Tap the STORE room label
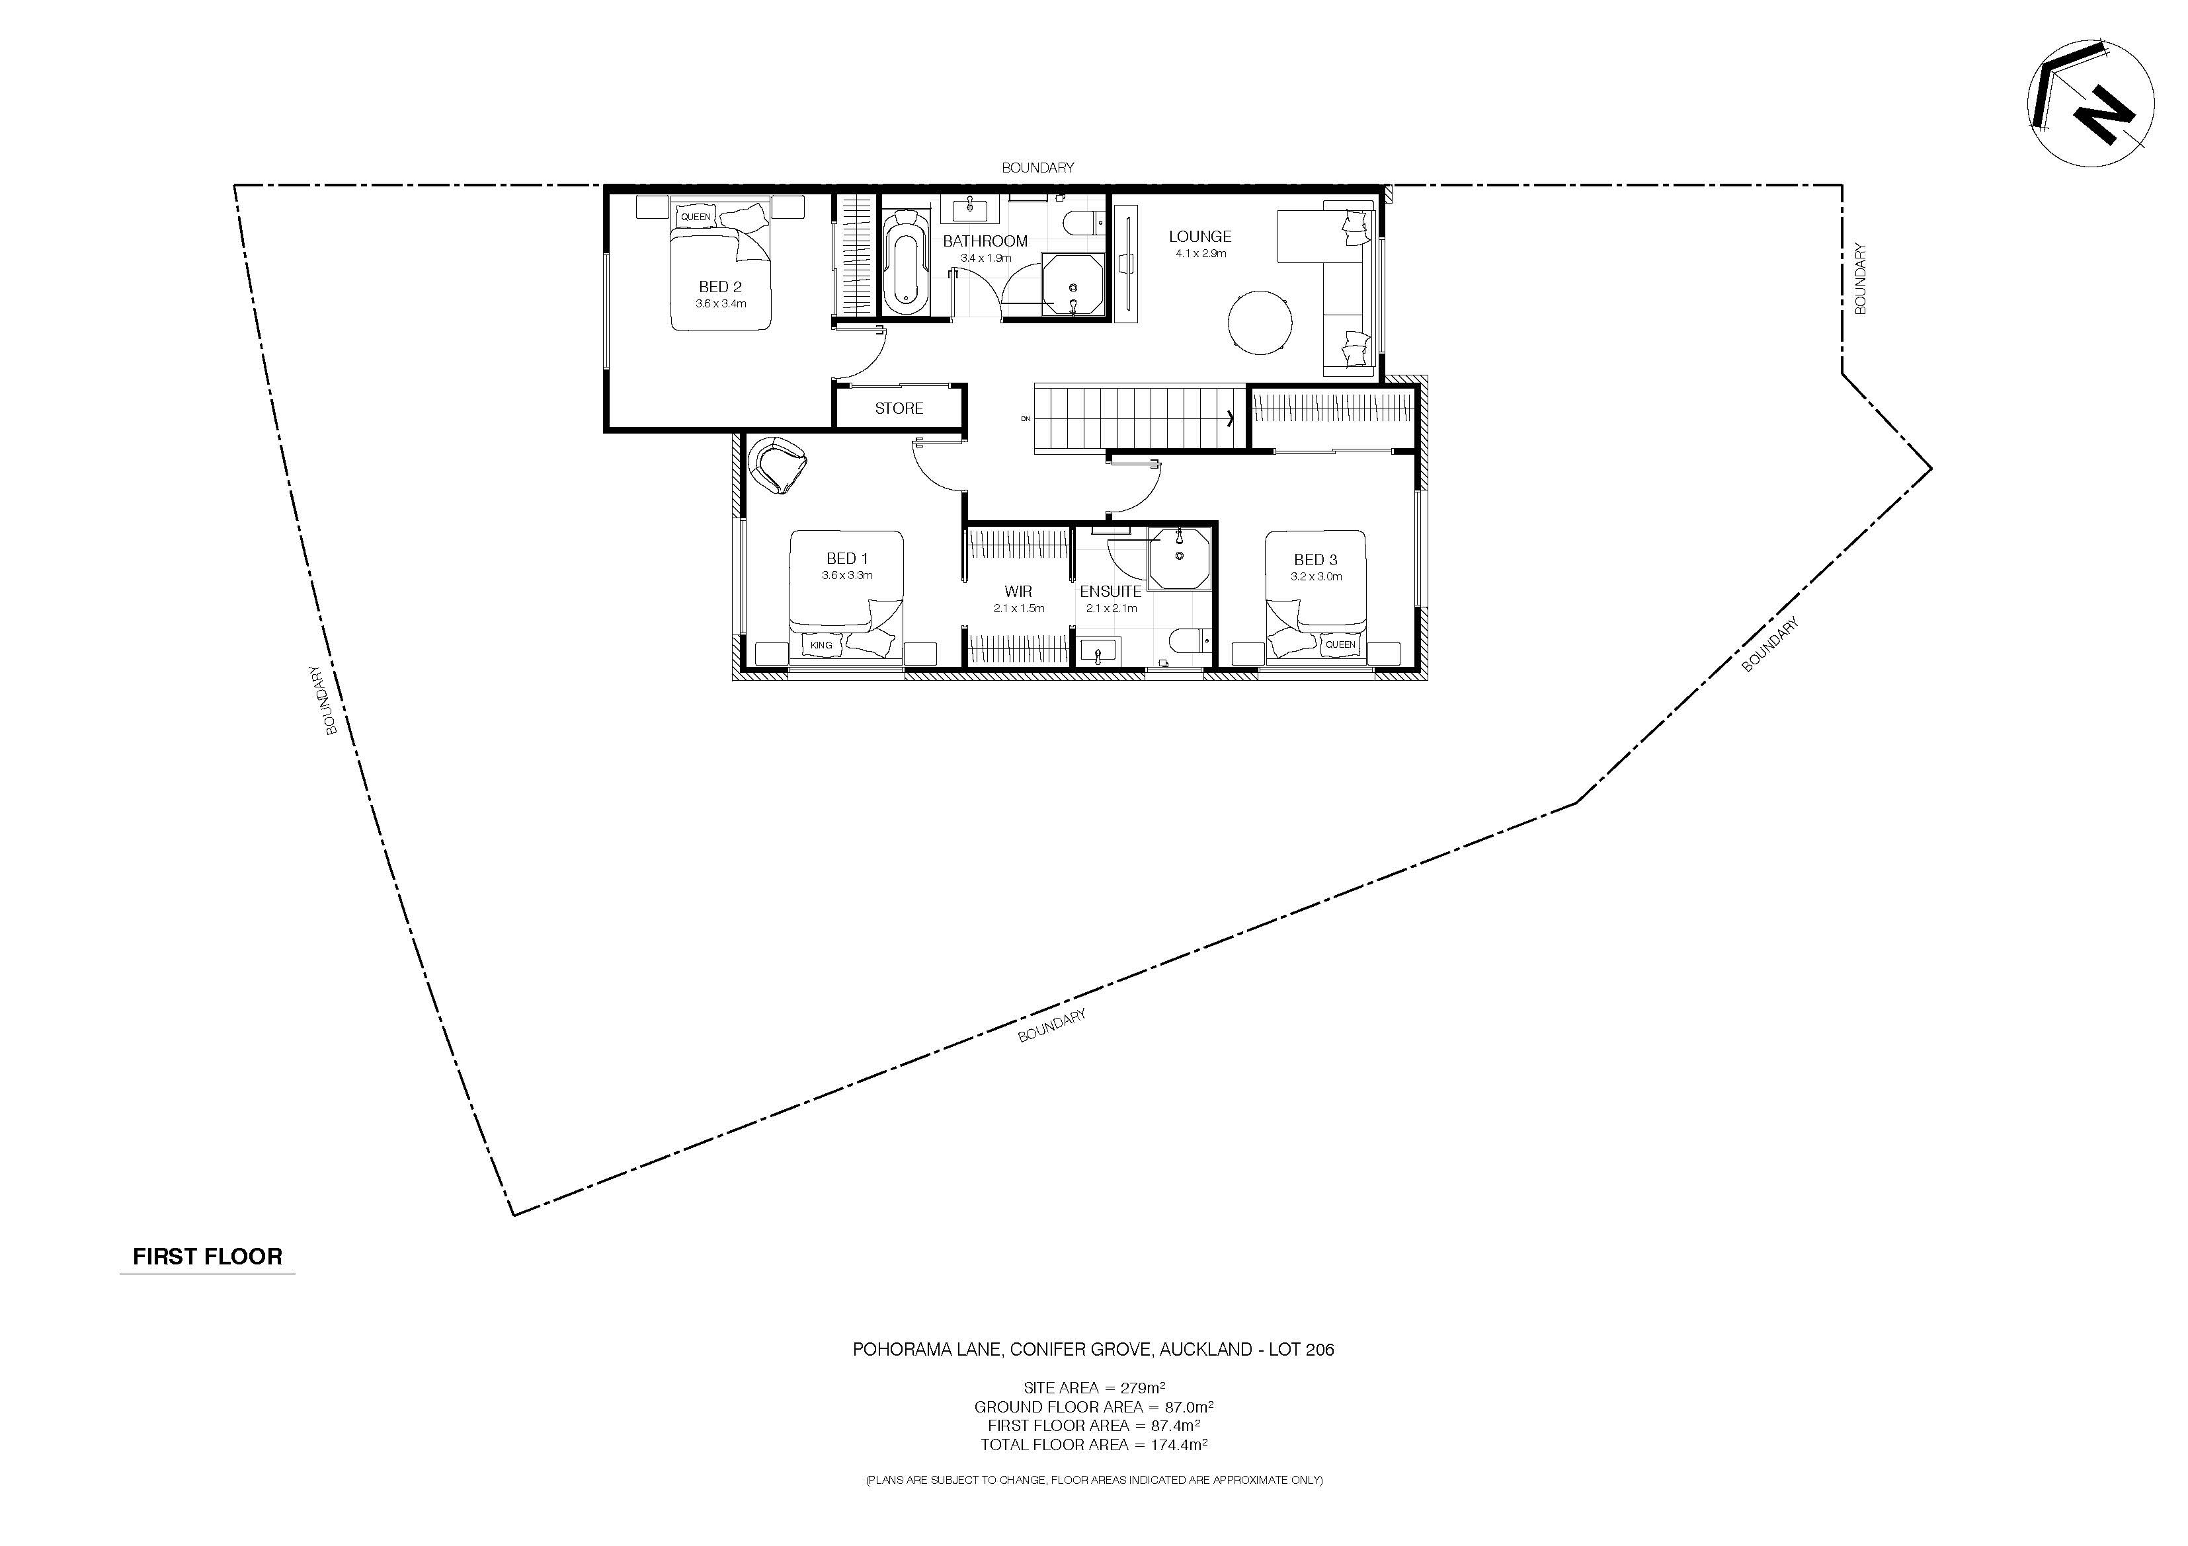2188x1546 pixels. tap(899, 408)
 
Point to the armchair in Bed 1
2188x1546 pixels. tap(778, 464)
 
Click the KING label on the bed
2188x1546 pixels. tap(821, 645)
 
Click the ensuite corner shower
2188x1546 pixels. tap(1179, 559)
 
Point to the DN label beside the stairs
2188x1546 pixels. tap(1026, 418)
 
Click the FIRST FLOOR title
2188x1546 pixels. tap(208, 1256)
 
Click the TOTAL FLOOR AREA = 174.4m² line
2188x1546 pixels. tap(1094, 1444)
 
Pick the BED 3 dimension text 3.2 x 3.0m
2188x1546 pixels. tap(1316, 576)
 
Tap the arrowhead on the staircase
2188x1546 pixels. tap(1231, 417)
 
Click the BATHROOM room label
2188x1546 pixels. tap(985, 241)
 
